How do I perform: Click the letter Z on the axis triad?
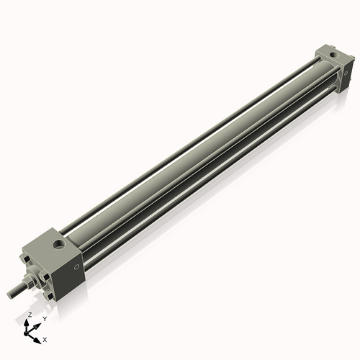click(x=29, y=315)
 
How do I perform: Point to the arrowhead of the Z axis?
click(x=27, y=322)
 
